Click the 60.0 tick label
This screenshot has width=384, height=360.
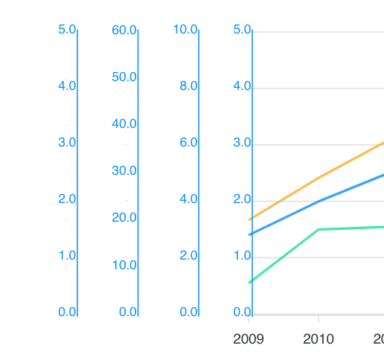(x=124, y=30)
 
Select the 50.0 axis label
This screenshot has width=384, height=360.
(x=124, y=77)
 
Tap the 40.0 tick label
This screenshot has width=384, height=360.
(x=124, y=124)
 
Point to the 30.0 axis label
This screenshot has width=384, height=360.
(x=124, y=171)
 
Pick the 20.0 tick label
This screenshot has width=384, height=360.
(x=124, y=218)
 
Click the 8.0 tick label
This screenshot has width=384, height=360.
(x=188, y=86)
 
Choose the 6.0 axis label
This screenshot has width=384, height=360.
(x=188, y=143)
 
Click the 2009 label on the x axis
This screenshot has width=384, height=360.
(x=248, y=340)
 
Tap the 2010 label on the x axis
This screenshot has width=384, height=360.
(x=319, y=340)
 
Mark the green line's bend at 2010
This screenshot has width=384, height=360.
(x=319, y=229)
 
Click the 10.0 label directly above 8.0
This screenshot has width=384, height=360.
(x=185, y=30)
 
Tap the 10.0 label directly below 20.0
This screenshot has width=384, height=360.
(x=124, y=265)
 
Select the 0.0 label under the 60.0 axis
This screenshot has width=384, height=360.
(x=128, y=312)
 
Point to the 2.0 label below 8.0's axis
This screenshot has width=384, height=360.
(x=188, y=256)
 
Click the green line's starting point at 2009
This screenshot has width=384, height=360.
(x=250, y=283)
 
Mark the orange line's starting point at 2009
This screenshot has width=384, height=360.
(x=250, y=219)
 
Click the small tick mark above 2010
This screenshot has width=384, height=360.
(x=319, y=319)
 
